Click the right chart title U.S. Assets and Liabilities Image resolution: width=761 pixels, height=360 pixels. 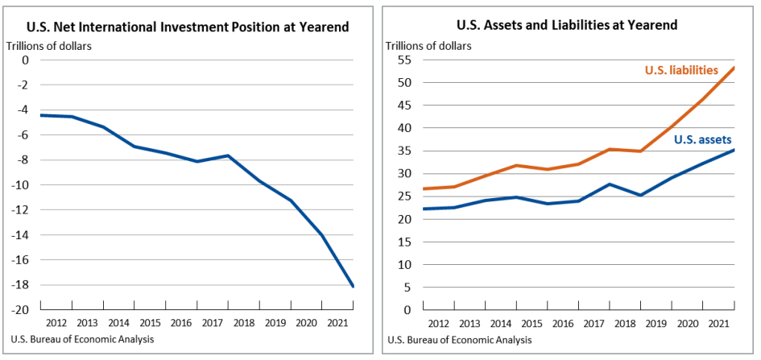coord(566,25)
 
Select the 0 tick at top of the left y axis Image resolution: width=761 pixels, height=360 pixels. coord(25,60)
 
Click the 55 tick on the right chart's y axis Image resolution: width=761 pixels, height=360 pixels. coord(405,60)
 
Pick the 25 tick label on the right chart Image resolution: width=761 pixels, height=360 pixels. coord(405,197)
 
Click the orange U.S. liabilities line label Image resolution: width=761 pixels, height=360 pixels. coord(681,71)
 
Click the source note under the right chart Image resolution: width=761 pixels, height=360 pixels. coord(458,339)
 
